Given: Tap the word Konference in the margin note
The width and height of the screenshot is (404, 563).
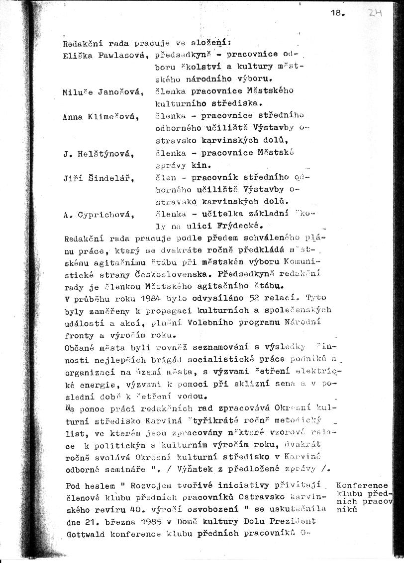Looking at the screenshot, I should click(x=362, y=485).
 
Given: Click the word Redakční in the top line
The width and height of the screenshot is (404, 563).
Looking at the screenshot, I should click(x=81, y=42).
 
